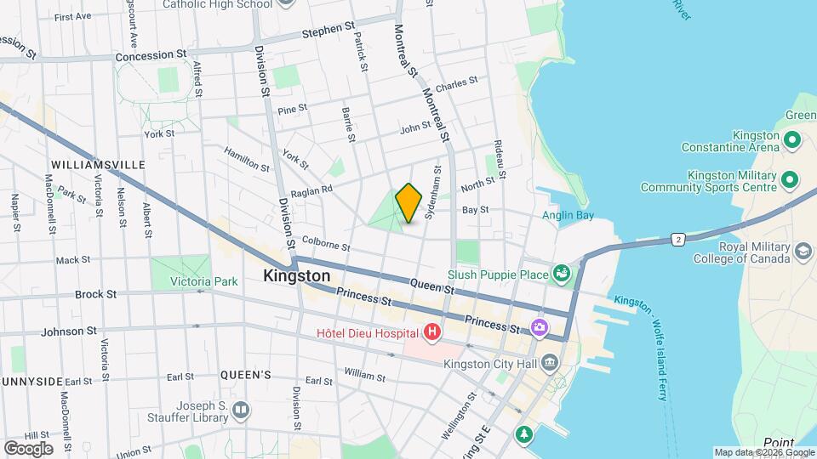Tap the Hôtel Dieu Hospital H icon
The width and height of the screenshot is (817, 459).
(x=433, y=331)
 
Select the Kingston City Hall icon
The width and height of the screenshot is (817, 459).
(x=549, y=364)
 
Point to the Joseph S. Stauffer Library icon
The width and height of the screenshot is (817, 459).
(x=242, y=411)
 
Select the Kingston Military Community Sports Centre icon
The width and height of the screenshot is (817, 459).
(x=789, y=179)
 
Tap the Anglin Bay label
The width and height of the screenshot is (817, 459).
(x=568, y=216)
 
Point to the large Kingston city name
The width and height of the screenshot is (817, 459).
(x=296, y=276)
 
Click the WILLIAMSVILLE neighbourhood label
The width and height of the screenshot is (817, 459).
(x=98, y=164)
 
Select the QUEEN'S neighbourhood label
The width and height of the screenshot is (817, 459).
(x=245, y=375)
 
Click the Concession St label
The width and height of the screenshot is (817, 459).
(x=151, y=54)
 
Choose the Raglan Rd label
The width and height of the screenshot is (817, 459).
(x=311, y=191)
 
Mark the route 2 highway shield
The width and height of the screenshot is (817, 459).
(x=678, y=240)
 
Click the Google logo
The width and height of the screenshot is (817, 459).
(x=28, y=448)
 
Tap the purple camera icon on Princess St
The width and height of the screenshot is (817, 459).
(x=539, y=326)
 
